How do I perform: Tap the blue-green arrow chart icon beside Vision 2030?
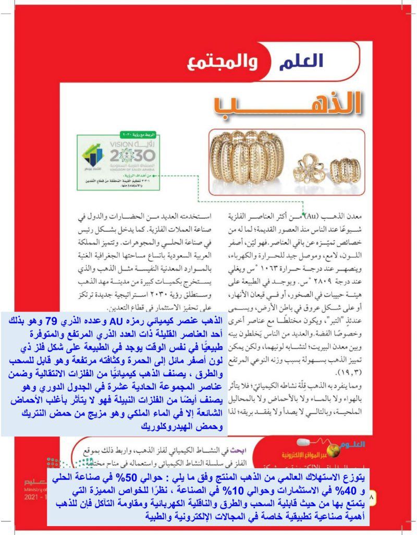click(94, 155)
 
